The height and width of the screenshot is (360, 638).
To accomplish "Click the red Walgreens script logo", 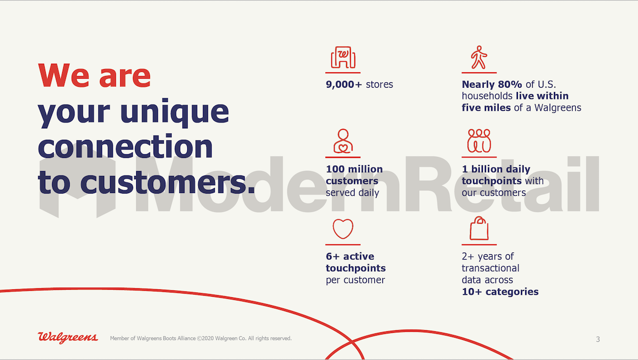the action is point(68,338).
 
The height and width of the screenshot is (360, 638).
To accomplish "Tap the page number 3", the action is point(598,339).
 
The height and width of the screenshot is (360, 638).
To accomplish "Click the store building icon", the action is point(343,57).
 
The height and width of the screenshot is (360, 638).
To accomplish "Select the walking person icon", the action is point(479,57).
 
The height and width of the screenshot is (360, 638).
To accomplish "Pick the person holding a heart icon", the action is point(343,141).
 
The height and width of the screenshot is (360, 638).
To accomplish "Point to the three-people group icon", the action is point(479,141).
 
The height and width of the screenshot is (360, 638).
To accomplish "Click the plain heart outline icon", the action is point(343,229).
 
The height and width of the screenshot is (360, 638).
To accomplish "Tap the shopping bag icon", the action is point(479,228).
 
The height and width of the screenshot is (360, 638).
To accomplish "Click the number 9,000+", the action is point(344,85).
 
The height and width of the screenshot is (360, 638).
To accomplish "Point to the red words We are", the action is point(94,76).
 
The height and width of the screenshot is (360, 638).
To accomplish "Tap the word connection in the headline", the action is point(125,146).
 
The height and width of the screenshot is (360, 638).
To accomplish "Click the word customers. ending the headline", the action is point(167,182).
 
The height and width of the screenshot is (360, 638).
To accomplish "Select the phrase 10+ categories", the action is point(500,291).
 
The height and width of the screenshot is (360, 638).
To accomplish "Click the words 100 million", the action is point(354,169).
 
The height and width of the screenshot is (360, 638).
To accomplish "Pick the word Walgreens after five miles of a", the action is point(558,107).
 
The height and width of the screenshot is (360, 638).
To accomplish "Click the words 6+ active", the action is point(350,256).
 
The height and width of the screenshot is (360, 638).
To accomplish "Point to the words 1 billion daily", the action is point(496,169).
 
